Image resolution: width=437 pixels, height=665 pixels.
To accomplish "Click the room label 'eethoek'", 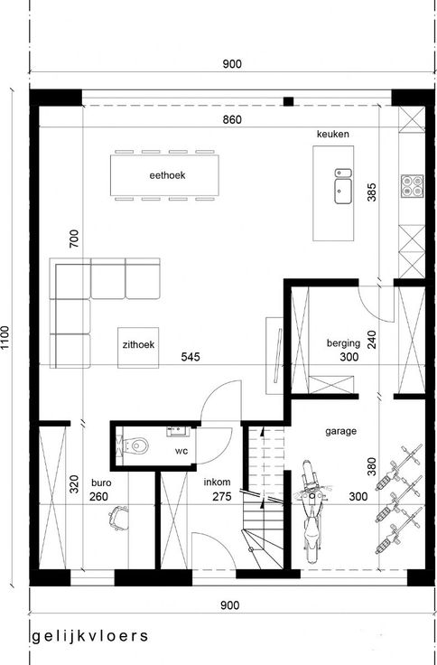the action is pyautogui.click(x=167, y=175).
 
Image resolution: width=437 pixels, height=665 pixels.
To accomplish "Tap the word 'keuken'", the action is pyautogui.click(x=333, y=134).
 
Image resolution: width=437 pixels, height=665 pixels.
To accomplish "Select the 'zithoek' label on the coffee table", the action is pyautogui.click(x=139, y=345).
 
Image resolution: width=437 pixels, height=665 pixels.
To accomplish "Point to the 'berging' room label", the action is pyautogui.click(x=343, y=343).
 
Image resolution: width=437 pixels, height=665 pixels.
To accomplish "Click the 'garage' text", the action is pyautogui.click(x=340, y=431).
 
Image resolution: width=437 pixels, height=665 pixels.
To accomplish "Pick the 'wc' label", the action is pyautogui.click(x=181, y=451).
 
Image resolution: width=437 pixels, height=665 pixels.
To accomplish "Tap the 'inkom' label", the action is pyautogui.click(x=217, y=482).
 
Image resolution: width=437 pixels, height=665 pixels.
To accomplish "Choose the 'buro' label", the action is pyautogui.click(x=101, y=482).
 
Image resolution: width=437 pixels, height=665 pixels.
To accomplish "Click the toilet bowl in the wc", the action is pyautogui.click(x=136, y=445).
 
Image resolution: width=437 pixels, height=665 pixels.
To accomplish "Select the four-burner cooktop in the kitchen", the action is pyautogui.click(x=412, y=186).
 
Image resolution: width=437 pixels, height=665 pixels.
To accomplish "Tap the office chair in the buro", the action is pyautogui.click(x=118, y=518).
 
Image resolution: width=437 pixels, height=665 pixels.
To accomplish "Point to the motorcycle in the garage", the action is pyautogui.click(x=311, y=511).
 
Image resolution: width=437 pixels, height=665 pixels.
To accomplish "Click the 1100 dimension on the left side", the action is pyautogui.click(x=5, y=338).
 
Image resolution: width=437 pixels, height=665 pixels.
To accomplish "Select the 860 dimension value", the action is pyautogui.click(x=232, y=119).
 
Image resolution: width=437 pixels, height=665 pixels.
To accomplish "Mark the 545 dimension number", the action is pyautogui.click(x=191, y=357).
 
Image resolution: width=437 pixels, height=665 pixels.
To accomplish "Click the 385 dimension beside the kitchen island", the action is pyautogui.click(x=372, y=192).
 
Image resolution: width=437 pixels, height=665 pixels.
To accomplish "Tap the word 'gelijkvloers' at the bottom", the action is pyautogui.click(x=90, y=636).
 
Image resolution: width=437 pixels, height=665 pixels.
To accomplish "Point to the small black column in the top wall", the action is pyautogui.click(x=288, y=101).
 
